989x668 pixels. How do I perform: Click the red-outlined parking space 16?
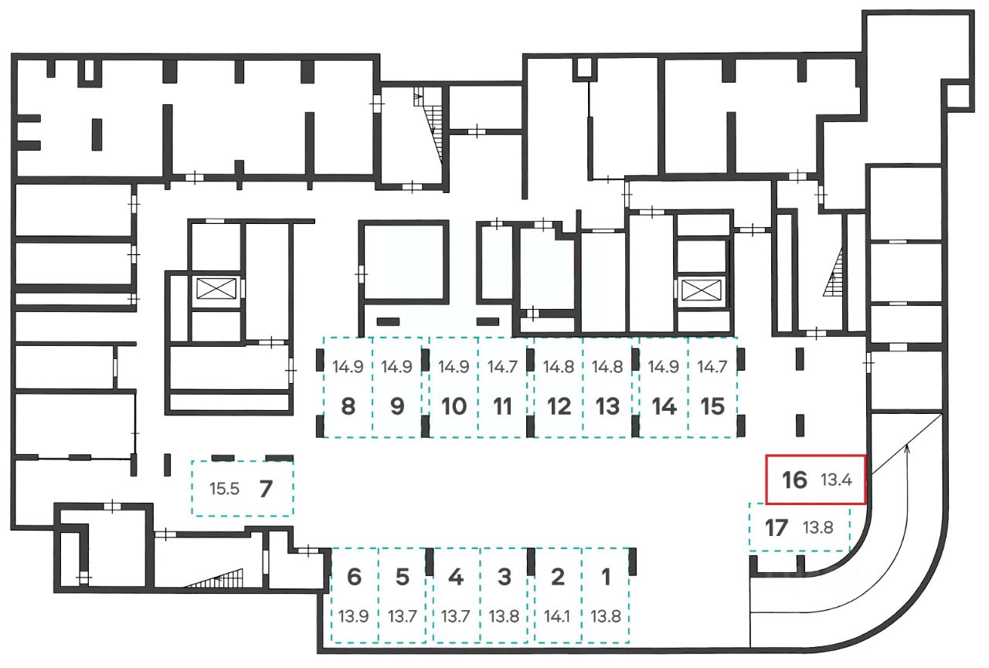click(x=816, y=480)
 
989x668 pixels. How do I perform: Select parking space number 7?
click(x=243, y=488)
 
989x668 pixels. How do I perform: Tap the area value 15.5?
click(x=224, y=489)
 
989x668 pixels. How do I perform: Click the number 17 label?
click(x=776, y=528)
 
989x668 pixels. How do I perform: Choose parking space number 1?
click(x=606, y=595)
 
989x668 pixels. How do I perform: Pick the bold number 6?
click(x=355, y=576)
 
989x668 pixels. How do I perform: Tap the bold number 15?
click(x=712, y=406)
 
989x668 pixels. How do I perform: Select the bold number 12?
click(x=558, y=406)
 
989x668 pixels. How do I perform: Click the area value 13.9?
click(x=354, y=616)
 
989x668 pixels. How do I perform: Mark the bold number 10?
click(x=454, y=406)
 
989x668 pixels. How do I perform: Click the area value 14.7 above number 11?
click(x=503, y=367)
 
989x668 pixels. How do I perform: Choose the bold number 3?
click(x=505, y=576)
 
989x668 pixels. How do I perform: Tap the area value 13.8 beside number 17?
click(x=817, y=529)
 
